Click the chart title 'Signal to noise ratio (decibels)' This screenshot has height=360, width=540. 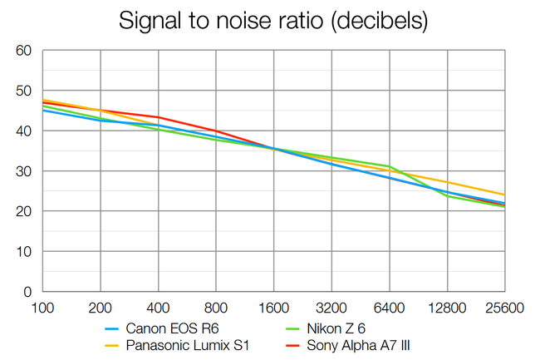(273, 20)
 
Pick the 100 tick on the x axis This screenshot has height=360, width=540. (42, 308)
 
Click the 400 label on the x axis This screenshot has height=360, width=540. (158, 308)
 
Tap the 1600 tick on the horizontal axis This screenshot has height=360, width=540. (273, 308)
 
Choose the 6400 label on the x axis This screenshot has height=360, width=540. (389, 308)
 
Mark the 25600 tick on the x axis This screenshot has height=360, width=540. (504, 308)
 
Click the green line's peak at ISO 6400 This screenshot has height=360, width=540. (389, 166)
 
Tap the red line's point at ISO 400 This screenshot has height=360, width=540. (158, 117)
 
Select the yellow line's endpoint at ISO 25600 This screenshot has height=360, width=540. (504, 195)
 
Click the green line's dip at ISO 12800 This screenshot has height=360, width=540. (447, 196)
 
